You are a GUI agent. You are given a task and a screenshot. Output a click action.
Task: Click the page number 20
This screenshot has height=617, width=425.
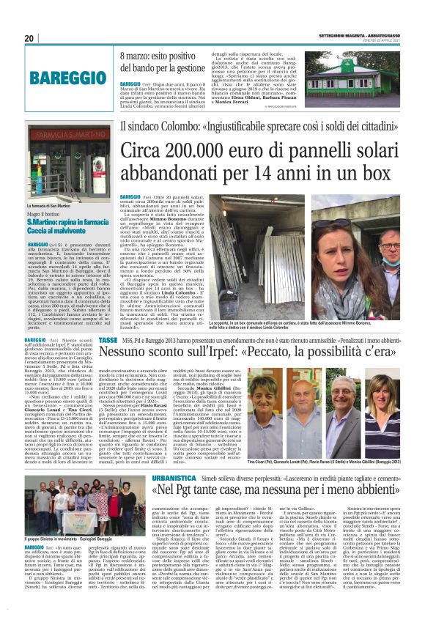[29, 38]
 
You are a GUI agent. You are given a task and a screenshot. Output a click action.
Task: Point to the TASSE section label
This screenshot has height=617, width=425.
[108, 341]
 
